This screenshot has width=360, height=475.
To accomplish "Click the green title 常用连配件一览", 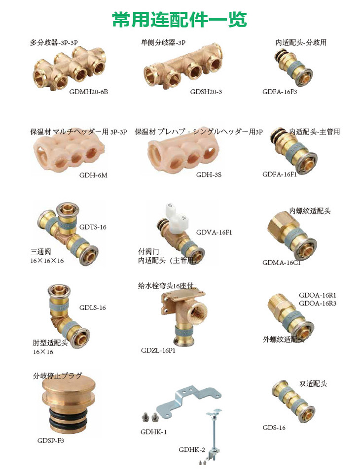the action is (180, 19).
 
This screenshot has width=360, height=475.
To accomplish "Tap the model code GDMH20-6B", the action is (89, 92).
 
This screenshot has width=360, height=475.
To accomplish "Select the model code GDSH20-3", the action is (206, 92).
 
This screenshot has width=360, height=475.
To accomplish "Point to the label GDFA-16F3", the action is (280, 92).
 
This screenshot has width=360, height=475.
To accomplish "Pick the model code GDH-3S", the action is (209, 175).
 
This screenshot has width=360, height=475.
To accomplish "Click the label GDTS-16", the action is (93, 227).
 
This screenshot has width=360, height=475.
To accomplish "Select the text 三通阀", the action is (40, 251).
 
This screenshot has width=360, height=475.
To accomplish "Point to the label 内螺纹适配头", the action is (310, 211).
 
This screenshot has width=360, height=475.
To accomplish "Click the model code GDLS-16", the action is (93, 308).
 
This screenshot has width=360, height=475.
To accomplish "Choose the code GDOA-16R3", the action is (318, 303).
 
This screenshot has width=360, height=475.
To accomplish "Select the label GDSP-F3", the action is (51, 441).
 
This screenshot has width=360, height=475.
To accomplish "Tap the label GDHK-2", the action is (192, 449).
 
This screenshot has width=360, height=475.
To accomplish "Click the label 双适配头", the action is (313, 383).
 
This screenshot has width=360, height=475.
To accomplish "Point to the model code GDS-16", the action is (274, 427).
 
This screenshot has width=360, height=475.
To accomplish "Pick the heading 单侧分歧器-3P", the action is (163, 42).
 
